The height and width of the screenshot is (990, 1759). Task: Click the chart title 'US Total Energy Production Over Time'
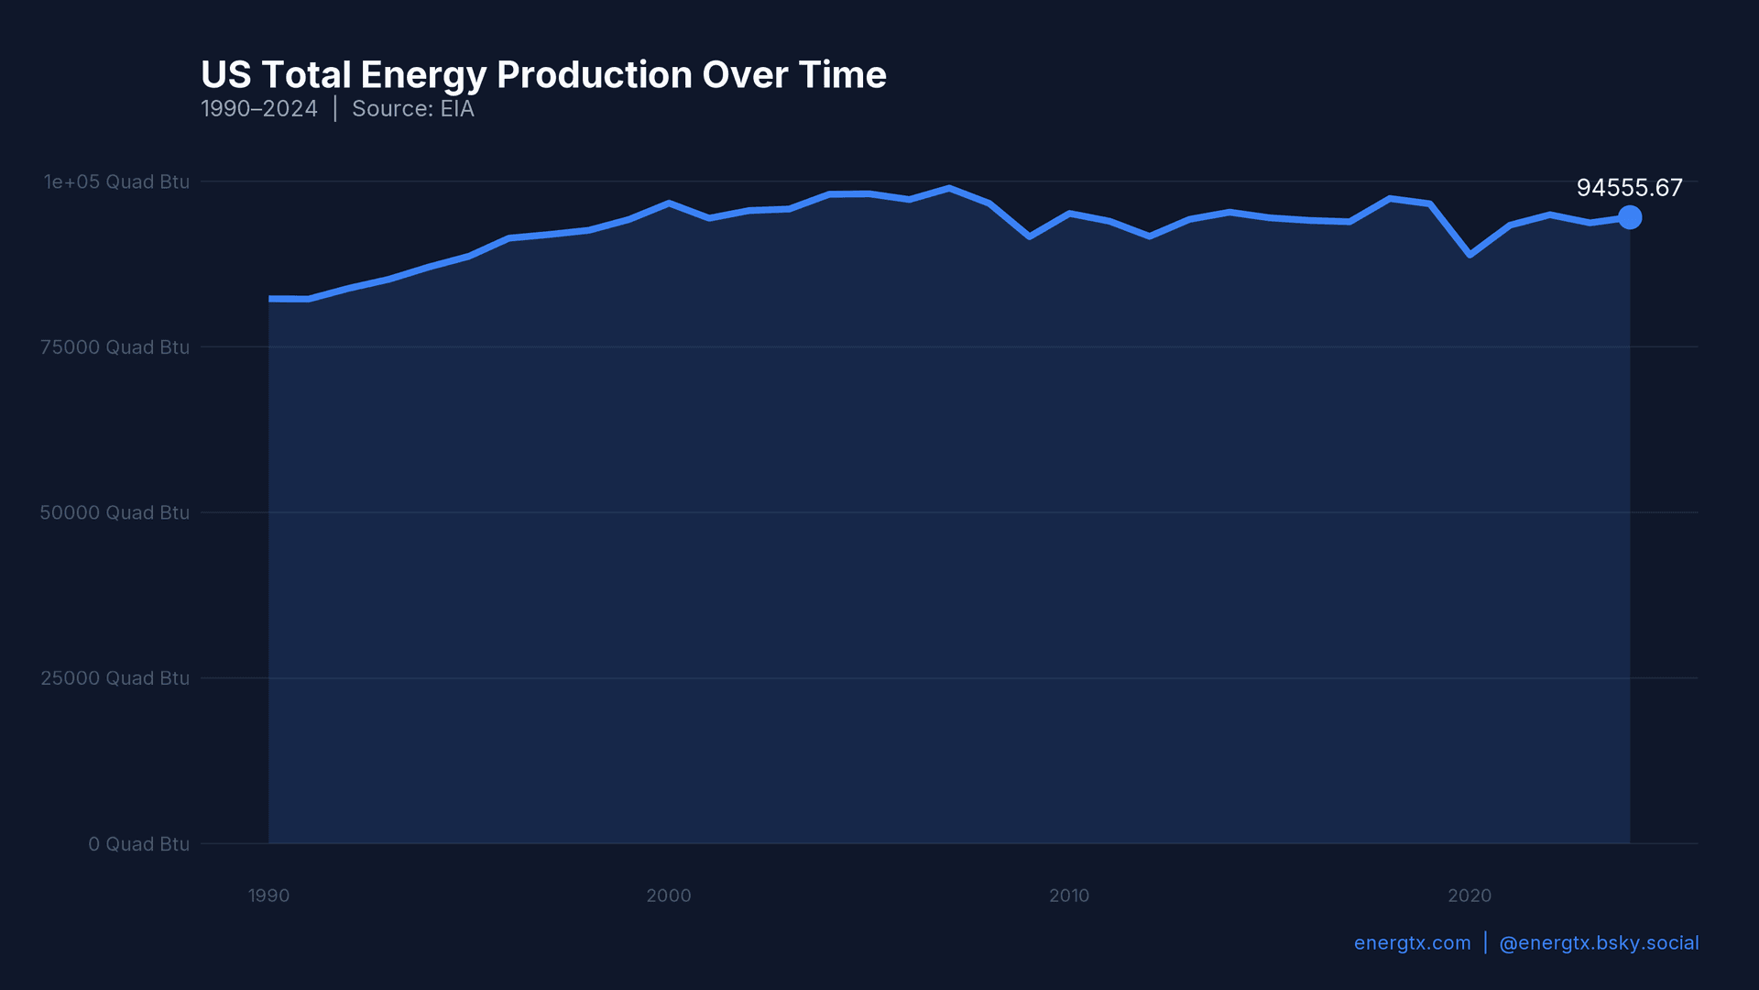pos(543,75)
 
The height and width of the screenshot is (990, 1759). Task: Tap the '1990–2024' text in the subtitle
pos(259,109)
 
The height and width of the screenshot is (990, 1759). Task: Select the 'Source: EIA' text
pos(412,109)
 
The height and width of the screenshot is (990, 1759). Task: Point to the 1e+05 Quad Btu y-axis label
pos(116,181)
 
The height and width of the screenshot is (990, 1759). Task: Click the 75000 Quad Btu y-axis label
pos(115,347)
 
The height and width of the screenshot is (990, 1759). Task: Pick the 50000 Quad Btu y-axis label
pos(115,512)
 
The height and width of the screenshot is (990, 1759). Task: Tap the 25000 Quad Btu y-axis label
pos(115,678)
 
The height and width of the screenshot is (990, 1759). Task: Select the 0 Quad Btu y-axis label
pos(138,844)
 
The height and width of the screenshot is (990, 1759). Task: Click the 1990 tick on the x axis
pos(268,896)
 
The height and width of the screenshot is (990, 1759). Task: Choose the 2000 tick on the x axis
pos(669,896)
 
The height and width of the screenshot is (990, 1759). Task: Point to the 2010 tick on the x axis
pos(1069,896)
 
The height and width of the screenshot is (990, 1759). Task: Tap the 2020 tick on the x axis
pos(1469,896)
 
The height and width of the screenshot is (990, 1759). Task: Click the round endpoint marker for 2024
pos(1630,217)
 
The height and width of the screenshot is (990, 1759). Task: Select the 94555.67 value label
pos(1629,188)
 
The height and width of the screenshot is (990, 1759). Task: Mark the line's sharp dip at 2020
pos(1469,254)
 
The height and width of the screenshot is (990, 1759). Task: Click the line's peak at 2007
pos(949,189)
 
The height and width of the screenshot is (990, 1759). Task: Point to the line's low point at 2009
pos(1030,236)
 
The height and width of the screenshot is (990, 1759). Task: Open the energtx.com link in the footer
pos(1412,943)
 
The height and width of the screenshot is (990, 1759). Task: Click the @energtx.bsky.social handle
pos(1599,943)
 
